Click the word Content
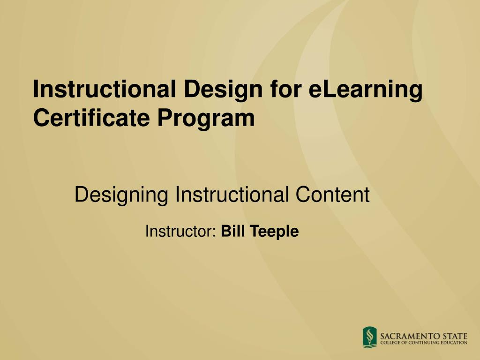tap(332, 194)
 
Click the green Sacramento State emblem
tap(370, 337)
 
